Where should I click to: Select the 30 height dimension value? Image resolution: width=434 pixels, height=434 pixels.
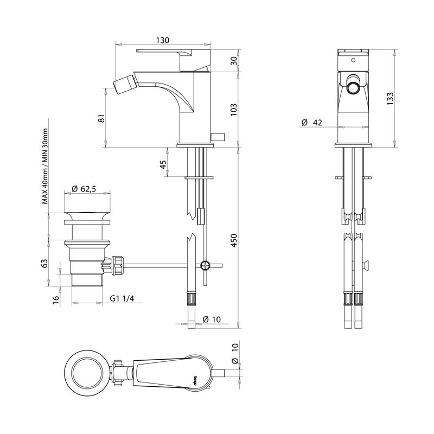coord(234,60)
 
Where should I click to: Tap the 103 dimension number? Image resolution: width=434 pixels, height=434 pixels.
coord(234,108)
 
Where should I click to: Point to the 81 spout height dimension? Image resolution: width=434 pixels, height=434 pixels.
coord(101,118)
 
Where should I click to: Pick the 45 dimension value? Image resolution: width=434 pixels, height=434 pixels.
coord(163,165)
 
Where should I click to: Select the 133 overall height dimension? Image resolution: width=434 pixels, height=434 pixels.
coord(390,98)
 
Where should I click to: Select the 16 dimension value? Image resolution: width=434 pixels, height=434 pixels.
coord(55,300)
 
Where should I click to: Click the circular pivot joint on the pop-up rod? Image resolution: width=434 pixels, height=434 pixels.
coord(205,266)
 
